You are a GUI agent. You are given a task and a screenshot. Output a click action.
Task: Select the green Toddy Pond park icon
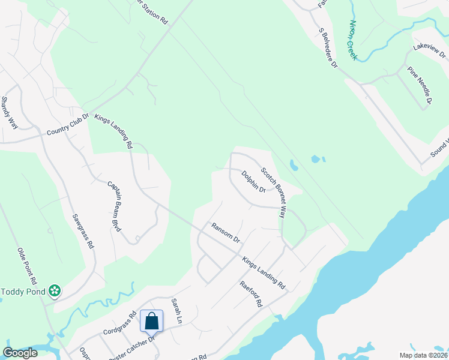[x=55, y=291]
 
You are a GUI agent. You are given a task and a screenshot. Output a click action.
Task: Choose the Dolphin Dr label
[x=253, y=182]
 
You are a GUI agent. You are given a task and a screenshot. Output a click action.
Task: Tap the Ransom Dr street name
[x=225, y=232]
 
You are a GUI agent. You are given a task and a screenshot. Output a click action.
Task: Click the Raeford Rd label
[x=252, y=294]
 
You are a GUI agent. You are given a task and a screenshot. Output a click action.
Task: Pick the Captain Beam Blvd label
[x=115, y=206]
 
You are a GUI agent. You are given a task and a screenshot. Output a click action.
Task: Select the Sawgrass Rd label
[x=83, y=231]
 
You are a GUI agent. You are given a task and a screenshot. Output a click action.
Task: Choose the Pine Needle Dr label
[x=420, y=85]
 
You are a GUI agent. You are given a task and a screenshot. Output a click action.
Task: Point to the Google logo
[x=20, y=353]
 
